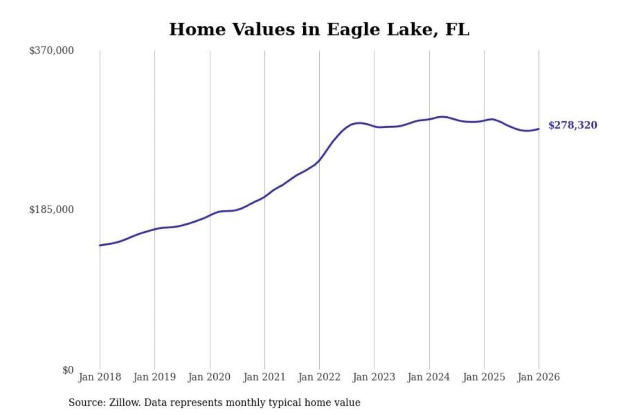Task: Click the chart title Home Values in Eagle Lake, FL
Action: coord(319,29)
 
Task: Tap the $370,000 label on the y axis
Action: coord(51,51)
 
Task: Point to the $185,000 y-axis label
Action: coord(51,210)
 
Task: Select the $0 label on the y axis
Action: coord(68,370)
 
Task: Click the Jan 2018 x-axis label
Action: coord(100,377)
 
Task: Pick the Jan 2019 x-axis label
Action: coord(154,377)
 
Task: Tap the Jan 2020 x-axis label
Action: coord(209,377)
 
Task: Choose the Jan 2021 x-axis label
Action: coord(264,377)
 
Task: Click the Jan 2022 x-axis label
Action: coord(319,377)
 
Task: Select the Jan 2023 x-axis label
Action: coord(374,377)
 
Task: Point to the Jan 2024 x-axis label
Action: coord(429,377)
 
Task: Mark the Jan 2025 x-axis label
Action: coord(484,377)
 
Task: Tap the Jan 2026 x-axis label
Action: coord(539,377)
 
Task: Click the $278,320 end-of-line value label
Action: coord(572,125)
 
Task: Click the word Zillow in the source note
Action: coord(124,403)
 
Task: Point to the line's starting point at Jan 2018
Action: coord(100,246)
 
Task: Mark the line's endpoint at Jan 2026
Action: coord(539,129)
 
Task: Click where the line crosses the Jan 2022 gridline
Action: coord(320,160)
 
